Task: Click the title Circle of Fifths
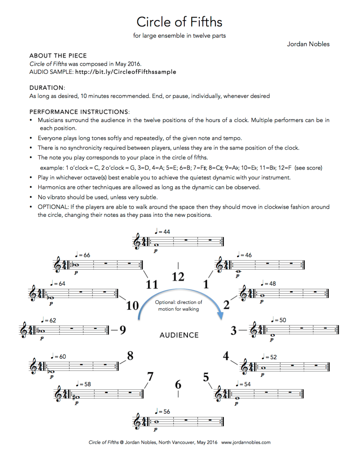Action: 179,21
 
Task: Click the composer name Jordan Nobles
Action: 308,44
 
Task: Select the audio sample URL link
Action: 125,72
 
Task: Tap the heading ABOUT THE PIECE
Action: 58,56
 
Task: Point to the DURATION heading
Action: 47,87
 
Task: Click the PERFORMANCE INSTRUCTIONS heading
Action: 80,111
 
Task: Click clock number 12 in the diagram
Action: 178,277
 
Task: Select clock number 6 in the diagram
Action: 178,384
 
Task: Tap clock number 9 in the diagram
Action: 122,330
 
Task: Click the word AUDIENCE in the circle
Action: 179,335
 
